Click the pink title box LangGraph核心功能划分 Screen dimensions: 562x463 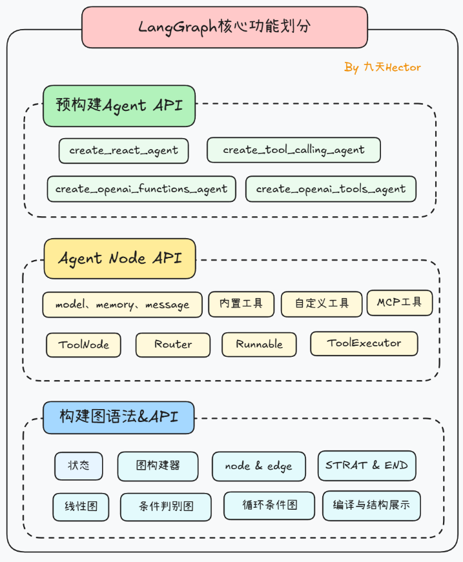[224, 27]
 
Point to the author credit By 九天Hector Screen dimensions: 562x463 [382, 67]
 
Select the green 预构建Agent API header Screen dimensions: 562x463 [119, 106]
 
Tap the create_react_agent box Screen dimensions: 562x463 [123, 150]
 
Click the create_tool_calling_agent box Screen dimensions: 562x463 [293, 150]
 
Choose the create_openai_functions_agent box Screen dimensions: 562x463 [141, 189]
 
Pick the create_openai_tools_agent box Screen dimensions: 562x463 [331, 189]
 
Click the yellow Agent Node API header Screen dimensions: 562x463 [119, 259]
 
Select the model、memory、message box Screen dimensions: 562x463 [122, 305]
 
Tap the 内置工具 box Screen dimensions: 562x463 [241, 304]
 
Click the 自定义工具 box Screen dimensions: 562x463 [322, 304]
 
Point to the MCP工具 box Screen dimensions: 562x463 [399, 303]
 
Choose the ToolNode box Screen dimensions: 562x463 [83, 345]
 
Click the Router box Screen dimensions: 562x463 [172, 345]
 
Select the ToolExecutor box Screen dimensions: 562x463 [364, 343]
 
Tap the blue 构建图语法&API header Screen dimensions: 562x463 [118, 417]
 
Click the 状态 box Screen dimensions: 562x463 [78, 466]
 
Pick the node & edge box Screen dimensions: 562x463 [258, 466]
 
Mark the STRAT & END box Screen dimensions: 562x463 [366, 465]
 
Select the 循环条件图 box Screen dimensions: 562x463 [269, 505]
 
